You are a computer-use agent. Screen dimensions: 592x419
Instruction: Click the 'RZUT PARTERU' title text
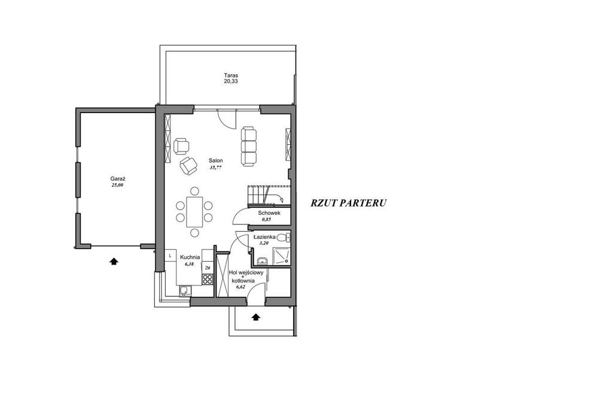coord(349,203)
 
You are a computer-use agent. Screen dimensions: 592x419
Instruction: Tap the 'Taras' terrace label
coord(231,75)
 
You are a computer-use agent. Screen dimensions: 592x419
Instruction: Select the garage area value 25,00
coord(117,185)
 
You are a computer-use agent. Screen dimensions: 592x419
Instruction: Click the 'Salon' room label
coord(216,160)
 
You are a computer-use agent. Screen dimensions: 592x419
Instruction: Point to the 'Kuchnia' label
coord(190,257)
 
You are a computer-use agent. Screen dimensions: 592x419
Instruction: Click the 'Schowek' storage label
coord(269,213)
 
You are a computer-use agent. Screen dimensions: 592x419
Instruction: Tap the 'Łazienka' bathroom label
coord(264,237)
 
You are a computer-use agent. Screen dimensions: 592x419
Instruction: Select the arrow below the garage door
coord(114,260)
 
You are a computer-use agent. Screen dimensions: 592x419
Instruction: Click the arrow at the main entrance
coord(256,317)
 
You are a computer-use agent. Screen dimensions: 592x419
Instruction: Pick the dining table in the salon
coord(194,212)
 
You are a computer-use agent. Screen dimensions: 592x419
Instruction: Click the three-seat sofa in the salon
coord(249,146)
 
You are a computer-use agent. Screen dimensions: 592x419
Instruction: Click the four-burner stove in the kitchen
coord(207,279)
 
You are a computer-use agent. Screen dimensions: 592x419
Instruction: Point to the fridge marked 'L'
coord(170,256)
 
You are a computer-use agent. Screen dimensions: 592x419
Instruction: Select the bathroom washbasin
coord(262,261)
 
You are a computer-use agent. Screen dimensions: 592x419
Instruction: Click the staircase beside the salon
coord(269,195)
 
